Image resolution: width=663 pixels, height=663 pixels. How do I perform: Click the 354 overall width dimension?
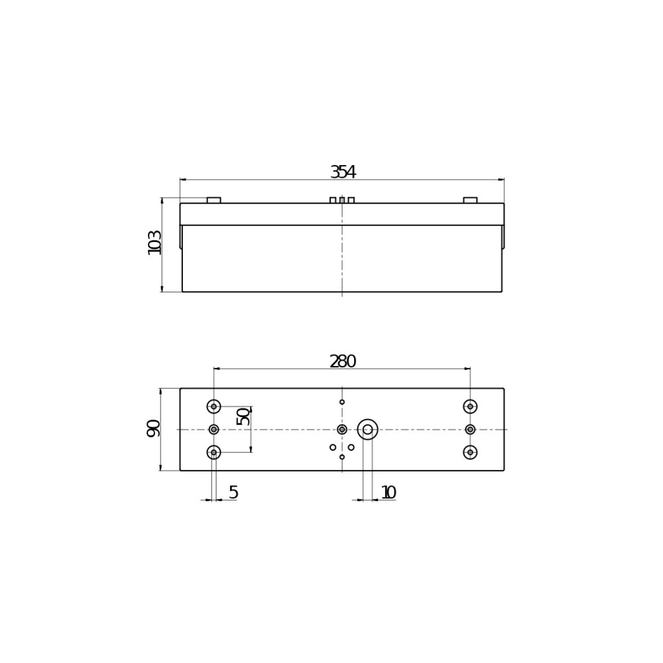point(343,172)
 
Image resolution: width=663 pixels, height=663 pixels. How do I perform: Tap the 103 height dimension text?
point(154,243)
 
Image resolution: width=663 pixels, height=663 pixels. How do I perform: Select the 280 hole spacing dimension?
point(343,362)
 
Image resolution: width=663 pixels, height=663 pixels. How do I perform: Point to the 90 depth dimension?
point(153,428)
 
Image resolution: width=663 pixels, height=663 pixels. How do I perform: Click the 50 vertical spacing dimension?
point(243,416)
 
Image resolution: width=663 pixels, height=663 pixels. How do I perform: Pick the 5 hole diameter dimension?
point(233,493)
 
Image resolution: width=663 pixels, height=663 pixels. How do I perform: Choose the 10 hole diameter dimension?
point(389,493)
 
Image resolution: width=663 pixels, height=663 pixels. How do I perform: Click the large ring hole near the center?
point(367,430)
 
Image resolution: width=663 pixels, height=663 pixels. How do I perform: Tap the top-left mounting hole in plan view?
point(213,406)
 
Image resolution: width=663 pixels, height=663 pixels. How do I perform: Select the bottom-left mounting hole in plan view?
point(213,452)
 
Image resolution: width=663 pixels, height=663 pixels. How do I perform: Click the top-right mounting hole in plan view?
point(470,406)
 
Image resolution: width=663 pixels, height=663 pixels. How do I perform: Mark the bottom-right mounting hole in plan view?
point(470,452)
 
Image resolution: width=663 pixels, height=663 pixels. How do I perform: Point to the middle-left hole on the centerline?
point(213,430)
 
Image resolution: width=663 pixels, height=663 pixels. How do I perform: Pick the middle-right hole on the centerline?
point(470,430)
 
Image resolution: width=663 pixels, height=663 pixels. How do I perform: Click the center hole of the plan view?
point(342,430)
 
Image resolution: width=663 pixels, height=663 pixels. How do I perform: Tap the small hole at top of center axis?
point(342,402)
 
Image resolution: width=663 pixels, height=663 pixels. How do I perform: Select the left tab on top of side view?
point(213,200)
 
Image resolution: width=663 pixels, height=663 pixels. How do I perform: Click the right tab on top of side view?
point(470,200)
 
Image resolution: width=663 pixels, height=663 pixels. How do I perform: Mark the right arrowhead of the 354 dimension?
point(501,180)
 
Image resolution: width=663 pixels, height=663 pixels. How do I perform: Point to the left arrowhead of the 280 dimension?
point(217,369)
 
